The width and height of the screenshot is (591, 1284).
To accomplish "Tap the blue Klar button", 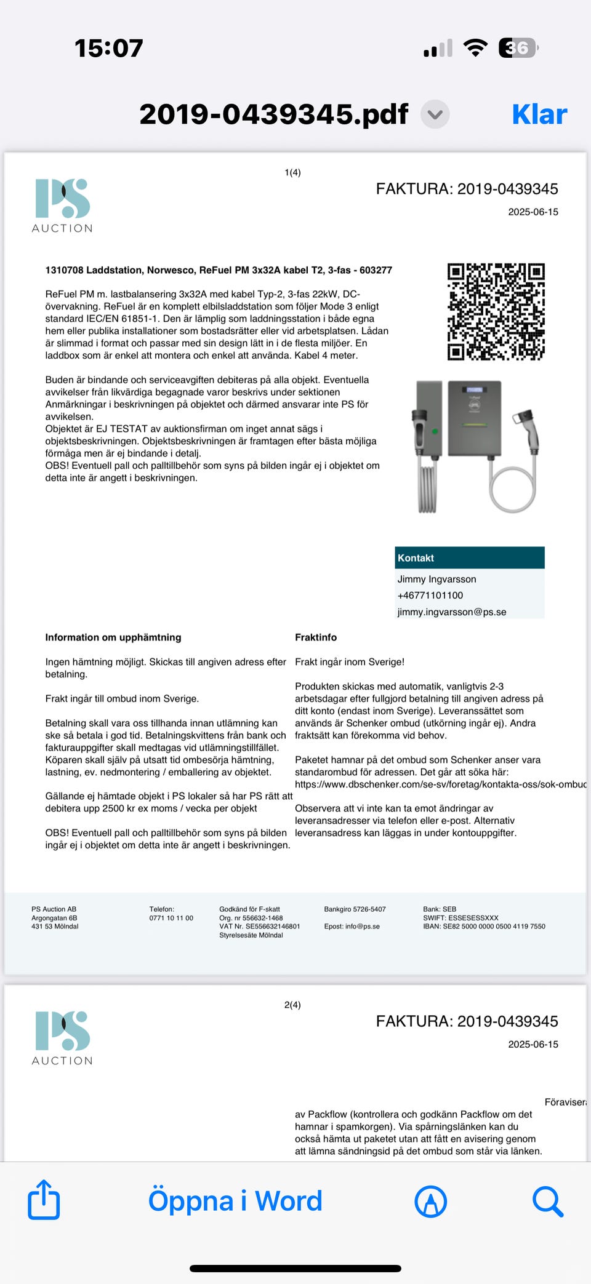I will pyautogui.click(x=539, y=114).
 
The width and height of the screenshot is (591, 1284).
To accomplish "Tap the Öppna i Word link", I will pyautogui.click(x=235, y=1201).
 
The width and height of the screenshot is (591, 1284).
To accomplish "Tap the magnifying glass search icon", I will pyautogui.click(x=547, y=1201).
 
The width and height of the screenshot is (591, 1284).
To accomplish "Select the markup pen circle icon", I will pyautogui.click(x=430, y=1201).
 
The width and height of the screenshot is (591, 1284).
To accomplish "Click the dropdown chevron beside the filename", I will pyautogui.click(x=435, y=114).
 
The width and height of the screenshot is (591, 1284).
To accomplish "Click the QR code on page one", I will pyautogui.click(x=496, y=311).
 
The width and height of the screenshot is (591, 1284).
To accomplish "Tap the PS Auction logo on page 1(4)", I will pyautogui.click(x=62, y=205).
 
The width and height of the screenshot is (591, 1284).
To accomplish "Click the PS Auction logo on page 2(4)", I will pyautogui.click(x=62, y=1038).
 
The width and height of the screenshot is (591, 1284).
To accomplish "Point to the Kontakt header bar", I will pyautogui.click(x=470, y=557).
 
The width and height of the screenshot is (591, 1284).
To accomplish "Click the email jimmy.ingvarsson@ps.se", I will pyautogui.click(x=452, y=612).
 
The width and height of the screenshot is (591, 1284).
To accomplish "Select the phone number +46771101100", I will pyautogui.click(x=430, y=596).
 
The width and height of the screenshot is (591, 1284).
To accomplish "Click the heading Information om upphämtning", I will pyautogui.click(x=113, y=637).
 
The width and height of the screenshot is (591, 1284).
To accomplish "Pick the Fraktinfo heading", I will pyautogui.click(x=316, y=637).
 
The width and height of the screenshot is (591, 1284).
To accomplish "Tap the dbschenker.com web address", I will pyautogui.click(x=440, y=784).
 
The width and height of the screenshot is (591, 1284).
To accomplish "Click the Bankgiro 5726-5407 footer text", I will pyautogui.click(x=355, y=909).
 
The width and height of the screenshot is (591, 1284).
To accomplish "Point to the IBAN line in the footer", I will pyautogui.click(x=484, y=927).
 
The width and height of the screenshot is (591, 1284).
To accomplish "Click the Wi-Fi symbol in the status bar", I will pyautogui.click(x=475, y=48).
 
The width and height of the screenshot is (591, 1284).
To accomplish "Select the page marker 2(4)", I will pyautogui.click(x=292, y=1005).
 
